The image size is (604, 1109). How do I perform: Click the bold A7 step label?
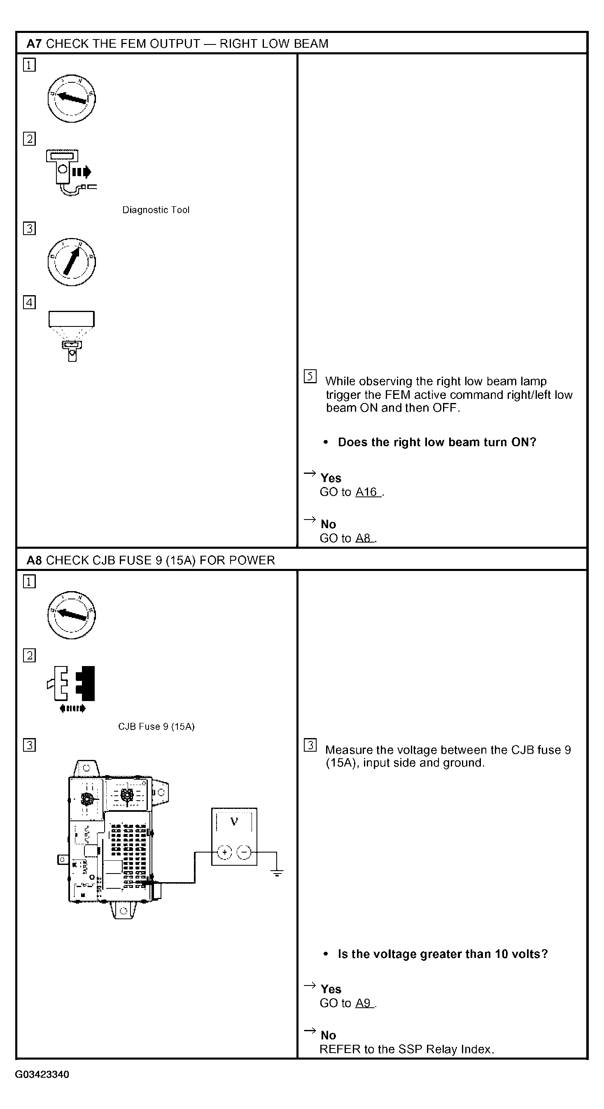[34, 44]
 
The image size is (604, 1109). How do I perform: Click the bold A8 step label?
[34, 560]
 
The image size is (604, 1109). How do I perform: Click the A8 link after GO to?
[364, 538]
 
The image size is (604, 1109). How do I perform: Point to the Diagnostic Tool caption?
[156, 210]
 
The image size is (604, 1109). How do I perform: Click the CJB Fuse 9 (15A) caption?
[156, 727]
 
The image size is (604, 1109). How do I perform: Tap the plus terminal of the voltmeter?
[224, 852]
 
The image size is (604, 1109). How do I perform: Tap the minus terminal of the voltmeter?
[244, 852]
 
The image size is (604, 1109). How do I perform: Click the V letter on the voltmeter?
[234, 821]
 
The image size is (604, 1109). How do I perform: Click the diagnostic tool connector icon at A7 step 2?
[72, 172]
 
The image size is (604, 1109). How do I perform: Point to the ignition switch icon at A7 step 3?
[72, 262]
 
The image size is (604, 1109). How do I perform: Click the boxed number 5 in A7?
[310, 376]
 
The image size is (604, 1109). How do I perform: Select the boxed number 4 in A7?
[29, 302]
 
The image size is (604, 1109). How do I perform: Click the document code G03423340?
[42, 1074]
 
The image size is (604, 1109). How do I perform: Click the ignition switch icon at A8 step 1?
[72, 615]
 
